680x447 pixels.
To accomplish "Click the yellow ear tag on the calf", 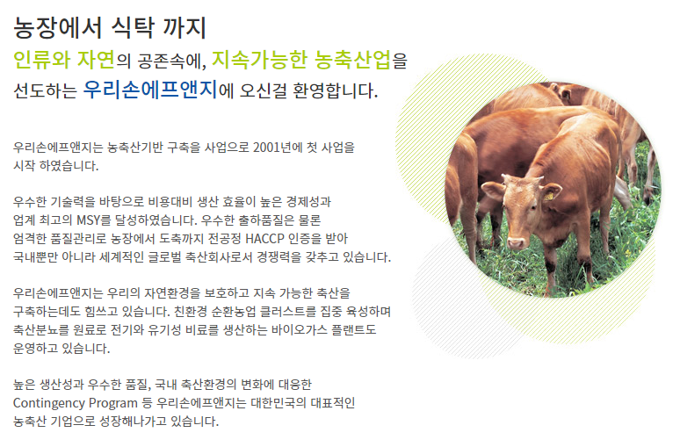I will tap(548, 196).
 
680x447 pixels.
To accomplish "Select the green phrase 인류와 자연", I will tap(64, 60).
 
